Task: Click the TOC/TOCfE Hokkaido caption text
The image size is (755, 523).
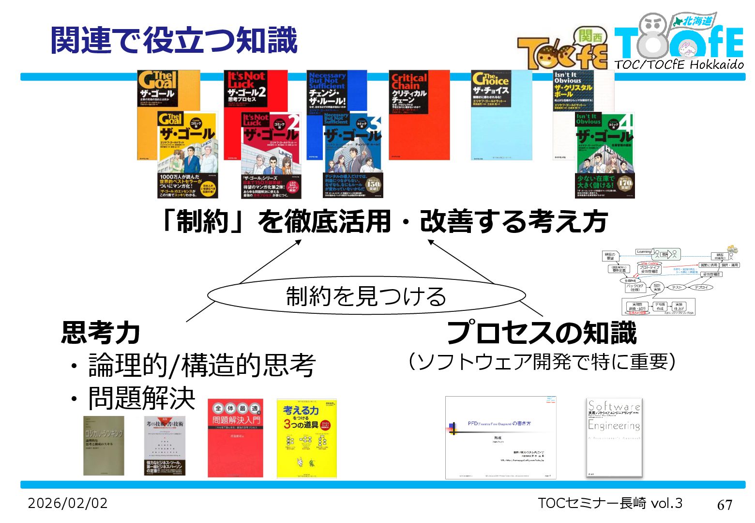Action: pyautogui.click(x=679, y=64)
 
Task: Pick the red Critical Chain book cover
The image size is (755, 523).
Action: pyautogui.click(x=419, y=114)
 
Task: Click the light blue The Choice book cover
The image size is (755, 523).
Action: pyautogui.click(x=501, y=114)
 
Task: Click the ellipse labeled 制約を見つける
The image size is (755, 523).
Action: pyautogui.click(x=366, y=296)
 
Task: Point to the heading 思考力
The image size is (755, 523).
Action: pyautogui.click(x=101, y=333)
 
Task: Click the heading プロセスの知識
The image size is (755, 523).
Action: pyautogui.click(x=542, y=333)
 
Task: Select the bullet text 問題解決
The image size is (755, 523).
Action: pyautogui.click(x=141, y=398)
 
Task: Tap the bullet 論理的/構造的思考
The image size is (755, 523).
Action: pyautogui.click(x=202, y=365)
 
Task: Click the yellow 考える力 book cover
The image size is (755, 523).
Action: pyautogui.click(x=306, y=438)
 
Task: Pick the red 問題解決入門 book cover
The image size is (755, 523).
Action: pyautogui.click(x=236, y=438)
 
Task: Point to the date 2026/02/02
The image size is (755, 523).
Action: pyautogui.click(x=68, y=503)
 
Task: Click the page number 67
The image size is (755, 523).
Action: pyautogui.click(x=724, y=505)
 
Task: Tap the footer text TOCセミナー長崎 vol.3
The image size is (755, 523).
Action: pyautogui.click(x=610, y=503)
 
